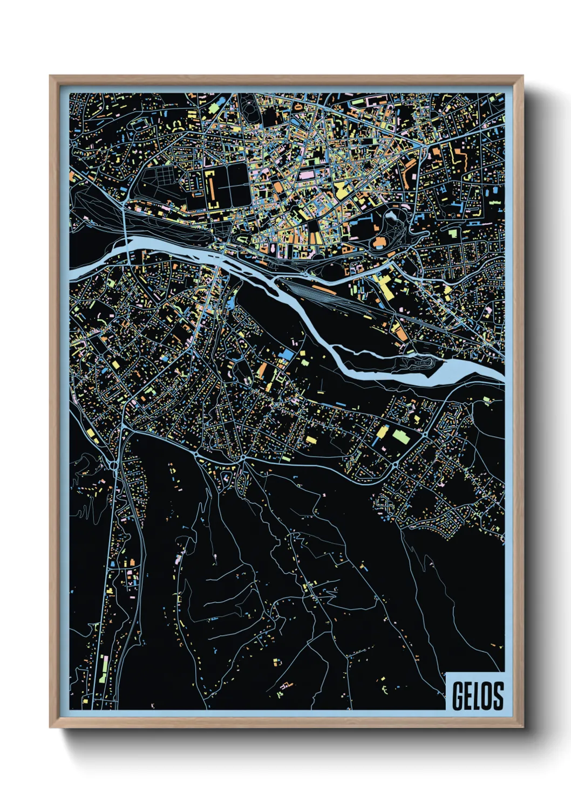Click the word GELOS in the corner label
click(x=477, y=696)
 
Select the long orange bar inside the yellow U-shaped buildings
click(x=212, y=188)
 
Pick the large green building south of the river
click(x=402, y=436)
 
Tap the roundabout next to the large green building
click(x=425, y=434)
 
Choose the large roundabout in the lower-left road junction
click(x=114, y=464)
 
